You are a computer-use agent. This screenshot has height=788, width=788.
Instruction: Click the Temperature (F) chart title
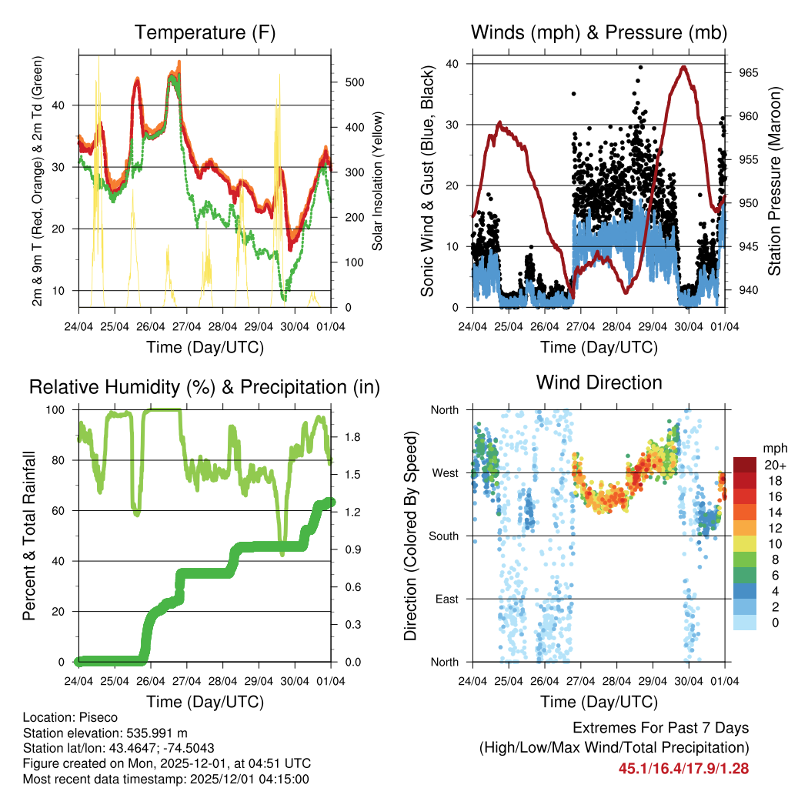pos(205,33)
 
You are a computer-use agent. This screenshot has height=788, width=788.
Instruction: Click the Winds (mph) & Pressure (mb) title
pos(599,33)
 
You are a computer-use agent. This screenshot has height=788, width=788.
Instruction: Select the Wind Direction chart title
pos(599,382)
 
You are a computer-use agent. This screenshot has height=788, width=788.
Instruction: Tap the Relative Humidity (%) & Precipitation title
pos(205,387)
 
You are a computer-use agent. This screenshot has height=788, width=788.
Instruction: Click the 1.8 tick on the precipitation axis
pos(352,437)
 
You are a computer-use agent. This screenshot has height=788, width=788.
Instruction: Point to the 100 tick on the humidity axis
pos(58,410)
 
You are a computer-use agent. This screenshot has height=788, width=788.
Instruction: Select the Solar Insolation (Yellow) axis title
pos(378,180)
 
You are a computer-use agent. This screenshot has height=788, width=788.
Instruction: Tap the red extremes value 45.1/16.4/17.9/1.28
pos(683,768)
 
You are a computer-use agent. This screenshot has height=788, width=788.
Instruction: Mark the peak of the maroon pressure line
pos(683,66)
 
